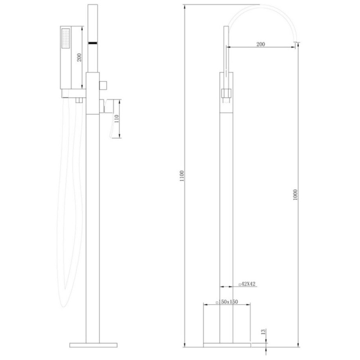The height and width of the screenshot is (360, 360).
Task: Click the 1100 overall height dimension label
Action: [x=182, y=176]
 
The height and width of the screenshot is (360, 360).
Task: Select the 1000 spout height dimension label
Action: [x=295, y=195]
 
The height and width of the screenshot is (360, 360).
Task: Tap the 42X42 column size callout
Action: [x=247, y=284]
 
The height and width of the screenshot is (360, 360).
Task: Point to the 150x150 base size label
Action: [x=227, y=301]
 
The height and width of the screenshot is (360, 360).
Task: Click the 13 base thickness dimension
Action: [x=263, y=332]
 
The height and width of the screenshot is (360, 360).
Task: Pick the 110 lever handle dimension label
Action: [x=117, y=118]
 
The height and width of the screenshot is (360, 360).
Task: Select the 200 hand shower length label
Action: [x=79, y=58]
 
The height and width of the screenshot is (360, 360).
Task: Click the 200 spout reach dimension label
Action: [x=261, y=44]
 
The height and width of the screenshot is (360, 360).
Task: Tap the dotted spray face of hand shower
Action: [x=66, y=38]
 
